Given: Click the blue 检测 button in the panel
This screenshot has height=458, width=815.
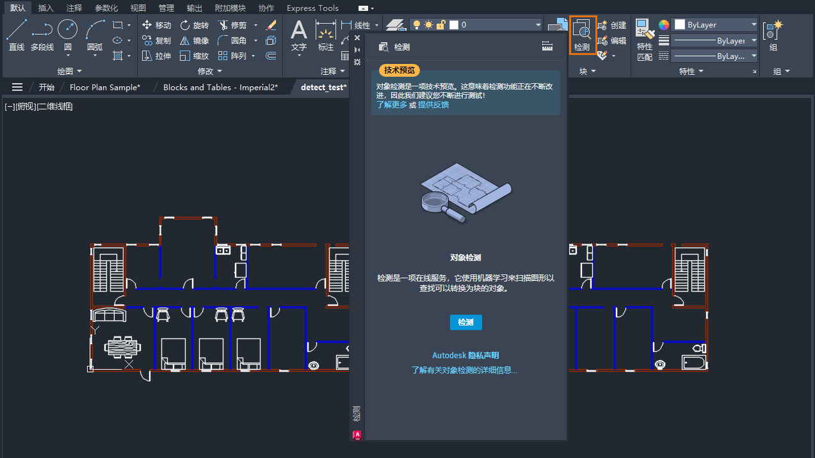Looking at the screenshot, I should (465, 322).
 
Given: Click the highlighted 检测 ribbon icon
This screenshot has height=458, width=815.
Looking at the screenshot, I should (583, 35).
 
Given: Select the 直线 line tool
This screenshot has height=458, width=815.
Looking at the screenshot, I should (17, 35).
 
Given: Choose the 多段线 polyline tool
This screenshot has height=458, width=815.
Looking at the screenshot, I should (42, 35).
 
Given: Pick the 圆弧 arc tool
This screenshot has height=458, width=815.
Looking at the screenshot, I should (95, 35).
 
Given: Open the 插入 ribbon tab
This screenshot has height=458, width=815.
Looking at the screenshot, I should (46, 8).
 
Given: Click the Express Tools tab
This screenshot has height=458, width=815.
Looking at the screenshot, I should (312, 8).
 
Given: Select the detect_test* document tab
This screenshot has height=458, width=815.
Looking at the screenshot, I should (323, 87).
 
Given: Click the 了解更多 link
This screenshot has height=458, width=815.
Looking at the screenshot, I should (392, 105).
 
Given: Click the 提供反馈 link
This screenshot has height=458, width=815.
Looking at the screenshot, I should (433, 105).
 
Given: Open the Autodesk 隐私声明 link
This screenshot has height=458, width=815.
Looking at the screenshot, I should (465, 356).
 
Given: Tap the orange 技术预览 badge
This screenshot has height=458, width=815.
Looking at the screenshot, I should (399, 70).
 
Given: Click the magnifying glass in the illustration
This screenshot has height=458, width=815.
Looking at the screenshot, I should (438, 203).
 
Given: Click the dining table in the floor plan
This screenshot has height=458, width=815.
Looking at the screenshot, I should (122, 347).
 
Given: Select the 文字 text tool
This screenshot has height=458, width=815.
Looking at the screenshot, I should (299, 35).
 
